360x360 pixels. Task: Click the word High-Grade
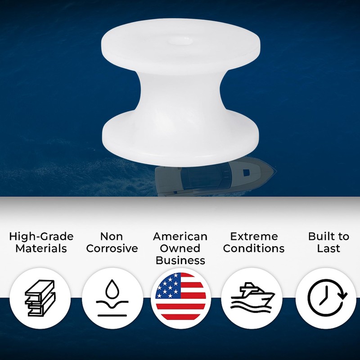[x=41, y=237]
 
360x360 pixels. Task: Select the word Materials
[x=41, y=248]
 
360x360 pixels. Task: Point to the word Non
[x=112, y=237]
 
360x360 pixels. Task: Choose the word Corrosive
[x=112, y=248]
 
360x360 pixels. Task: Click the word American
[x=180, y=237]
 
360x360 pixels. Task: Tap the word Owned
[x=180, y=248]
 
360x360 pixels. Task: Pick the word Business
[x=180, y=260]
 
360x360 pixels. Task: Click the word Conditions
[x=254, y=248]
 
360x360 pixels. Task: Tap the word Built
[x=322, y=237]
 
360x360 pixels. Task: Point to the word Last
[x=328, y=248]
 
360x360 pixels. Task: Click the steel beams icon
[x=40, y=297]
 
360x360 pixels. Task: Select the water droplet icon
[x=112, y=297]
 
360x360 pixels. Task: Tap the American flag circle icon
[x=180, y=297]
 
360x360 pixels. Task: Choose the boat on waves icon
[x=252, y=297]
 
